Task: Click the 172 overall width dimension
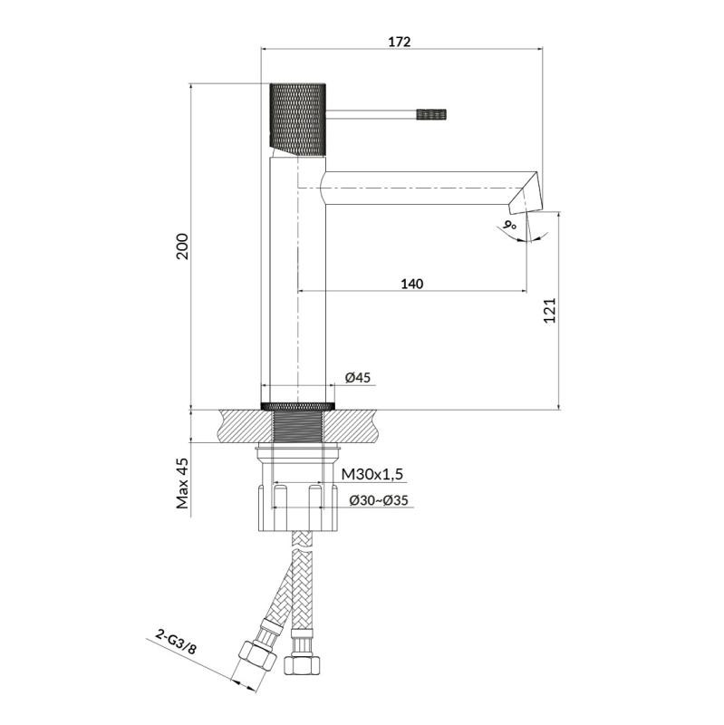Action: (400, 42)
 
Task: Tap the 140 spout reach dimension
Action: (411, 284)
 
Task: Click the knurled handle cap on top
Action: (297, 118)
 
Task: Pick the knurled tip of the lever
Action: (432, 114)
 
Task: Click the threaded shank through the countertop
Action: (298, 426)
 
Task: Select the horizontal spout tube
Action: (417, 186)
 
